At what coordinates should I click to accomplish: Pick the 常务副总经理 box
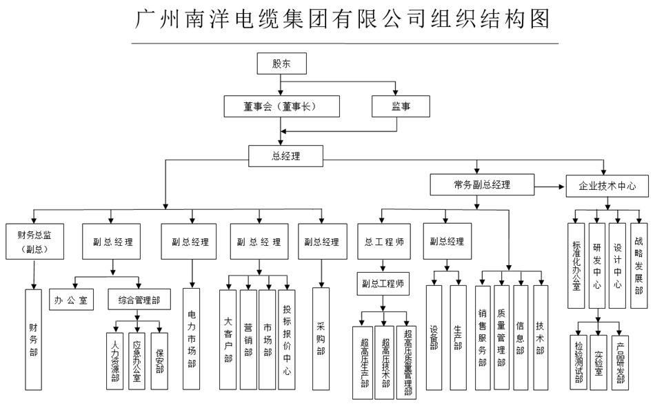click(482, 184)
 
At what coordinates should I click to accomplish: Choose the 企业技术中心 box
click(608, 186)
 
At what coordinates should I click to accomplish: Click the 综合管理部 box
click(139, 300)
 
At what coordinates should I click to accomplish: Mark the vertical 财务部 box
click(34, 338)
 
